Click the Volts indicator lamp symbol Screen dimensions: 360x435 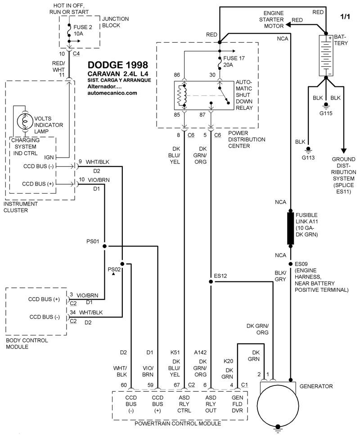[x=25, y=121]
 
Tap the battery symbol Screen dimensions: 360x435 [x=326, y=55]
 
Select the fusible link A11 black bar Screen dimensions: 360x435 [x=290, y=229]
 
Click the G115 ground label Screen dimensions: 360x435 [x=326, y=113]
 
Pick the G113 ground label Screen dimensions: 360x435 [x=308, y=158]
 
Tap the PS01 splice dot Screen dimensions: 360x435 [x=104, y=246]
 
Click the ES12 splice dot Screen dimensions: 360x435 [x=211, y=281]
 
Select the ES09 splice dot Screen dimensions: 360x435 [x=290, y=264]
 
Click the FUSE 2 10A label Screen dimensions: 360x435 [x=83, y=31]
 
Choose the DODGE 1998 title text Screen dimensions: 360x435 [x=118, y=65]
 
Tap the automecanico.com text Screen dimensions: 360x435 [x=112, y=93]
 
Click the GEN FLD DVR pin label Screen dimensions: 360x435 [x=237, y=404]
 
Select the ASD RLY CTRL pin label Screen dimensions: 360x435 [x=184, y=404]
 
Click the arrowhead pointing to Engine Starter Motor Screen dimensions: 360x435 [x=288, y=25]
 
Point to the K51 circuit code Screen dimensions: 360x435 [x=175, y=353]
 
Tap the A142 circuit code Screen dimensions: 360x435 [x=200, y=353]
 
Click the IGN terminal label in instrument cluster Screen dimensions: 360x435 [x=49, y=157]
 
